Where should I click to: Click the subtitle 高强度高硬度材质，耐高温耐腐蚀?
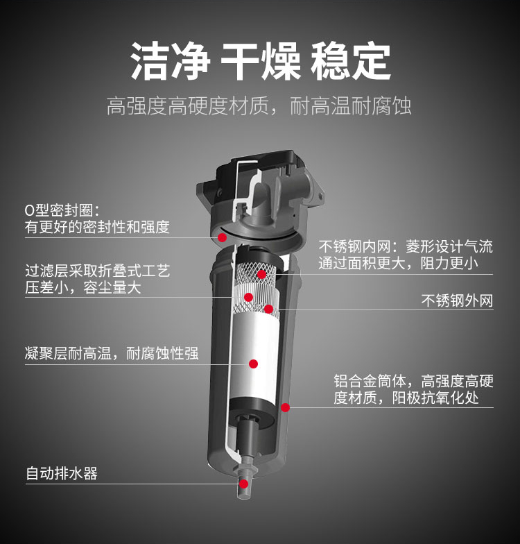click(259, 106)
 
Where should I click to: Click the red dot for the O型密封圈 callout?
click(223, 237)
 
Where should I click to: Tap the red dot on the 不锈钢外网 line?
click(269, 309)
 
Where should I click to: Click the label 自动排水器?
click(62, 474)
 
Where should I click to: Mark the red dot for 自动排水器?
click(244, 484)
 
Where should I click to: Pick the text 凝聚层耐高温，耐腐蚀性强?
click(112, 354)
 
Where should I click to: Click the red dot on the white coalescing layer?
click(254, 364)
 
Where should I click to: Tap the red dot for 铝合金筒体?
click(285, 407)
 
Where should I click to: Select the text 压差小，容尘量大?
click(83, 288)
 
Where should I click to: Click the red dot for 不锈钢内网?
click(262, 275)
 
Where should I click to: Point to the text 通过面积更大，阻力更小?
click(398, 264)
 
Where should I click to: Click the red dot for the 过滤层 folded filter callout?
click(248, 297)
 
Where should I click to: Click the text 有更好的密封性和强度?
click(97, 227)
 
